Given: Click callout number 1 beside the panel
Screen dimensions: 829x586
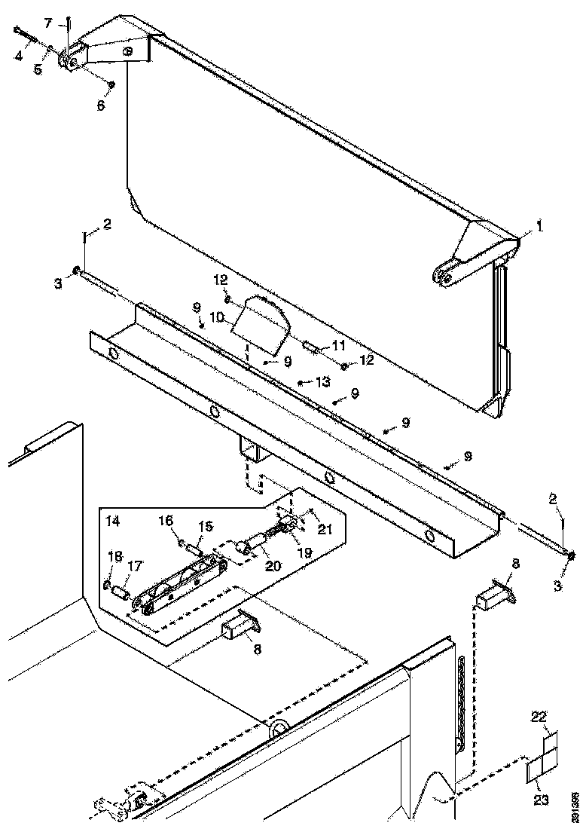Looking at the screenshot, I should [539, 225].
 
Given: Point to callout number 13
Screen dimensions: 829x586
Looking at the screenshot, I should [322, 382].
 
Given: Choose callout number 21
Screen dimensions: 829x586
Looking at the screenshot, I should [325, 530].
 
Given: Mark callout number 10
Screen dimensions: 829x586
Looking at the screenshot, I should [218, 318].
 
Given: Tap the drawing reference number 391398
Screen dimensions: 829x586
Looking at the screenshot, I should [575, 806].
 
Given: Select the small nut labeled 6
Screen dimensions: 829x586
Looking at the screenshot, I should [111, 84].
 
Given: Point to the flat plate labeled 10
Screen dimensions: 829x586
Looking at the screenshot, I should [260, 324].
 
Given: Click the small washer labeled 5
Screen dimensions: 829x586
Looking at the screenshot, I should [50, 48].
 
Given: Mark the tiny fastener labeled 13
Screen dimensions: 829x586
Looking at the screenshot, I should [300, 383].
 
